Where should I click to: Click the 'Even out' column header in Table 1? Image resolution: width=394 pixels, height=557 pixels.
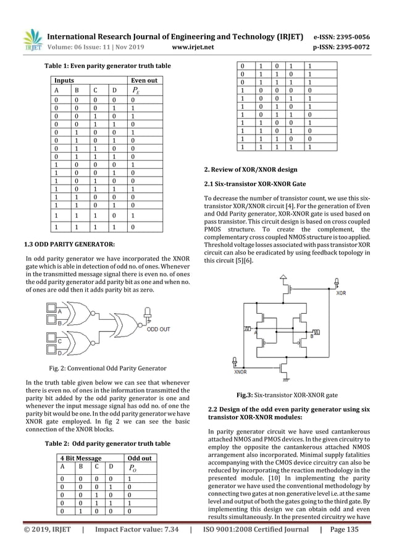click(x=142, y=80)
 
